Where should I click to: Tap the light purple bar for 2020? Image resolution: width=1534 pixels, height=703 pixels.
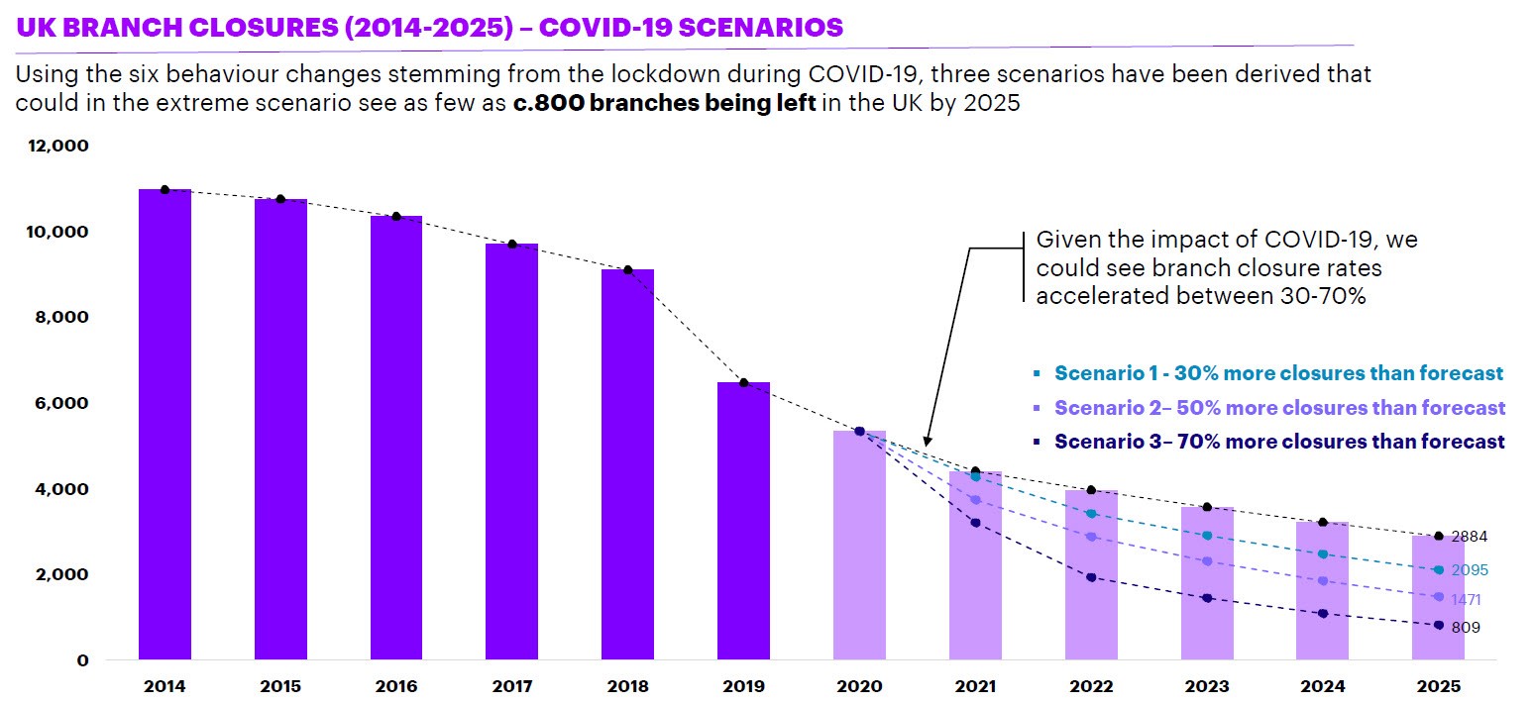pos(859,545)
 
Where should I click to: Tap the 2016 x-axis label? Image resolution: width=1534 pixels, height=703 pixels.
pos(395,685)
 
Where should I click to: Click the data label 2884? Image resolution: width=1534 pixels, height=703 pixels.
pos(1470,537)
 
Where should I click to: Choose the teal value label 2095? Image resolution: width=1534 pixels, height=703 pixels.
pos(1470,570)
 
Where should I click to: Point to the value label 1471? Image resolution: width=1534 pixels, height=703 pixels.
pos(1466,600)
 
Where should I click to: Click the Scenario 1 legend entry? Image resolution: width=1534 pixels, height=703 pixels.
pos(1278,373)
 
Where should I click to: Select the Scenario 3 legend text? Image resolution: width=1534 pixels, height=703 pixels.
pos(1278,442)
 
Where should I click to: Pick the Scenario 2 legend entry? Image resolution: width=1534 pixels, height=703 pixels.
pos(1279,408)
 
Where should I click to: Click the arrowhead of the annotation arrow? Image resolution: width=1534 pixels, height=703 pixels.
pos(926,441)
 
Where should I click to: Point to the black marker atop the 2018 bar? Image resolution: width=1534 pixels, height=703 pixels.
pos(628,270)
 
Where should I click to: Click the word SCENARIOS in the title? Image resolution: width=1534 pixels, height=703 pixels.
pos(743,27)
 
